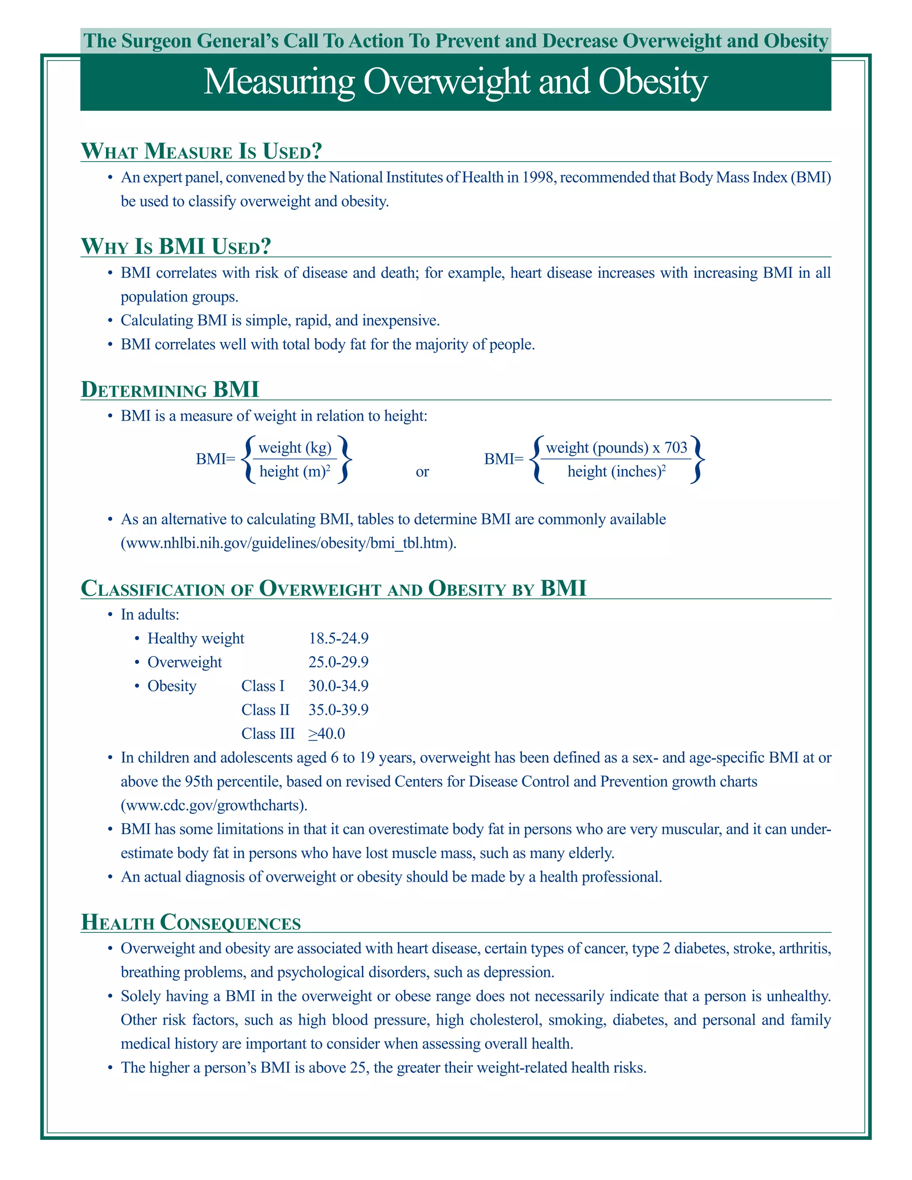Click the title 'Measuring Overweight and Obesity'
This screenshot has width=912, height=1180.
click(x=455, y=82)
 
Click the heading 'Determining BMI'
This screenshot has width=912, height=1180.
click(x=170, y=390)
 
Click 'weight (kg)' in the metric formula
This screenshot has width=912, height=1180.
click(x=294, y=448)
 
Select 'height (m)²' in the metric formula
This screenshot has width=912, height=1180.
click(x=294, y=472)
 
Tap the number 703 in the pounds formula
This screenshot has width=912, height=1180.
click(x=676, y=448)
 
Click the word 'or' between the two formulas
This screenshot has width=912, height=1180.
click(x=422, y=472)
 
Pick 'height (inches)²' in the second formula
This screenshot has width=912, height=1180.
click(x=616, y=472)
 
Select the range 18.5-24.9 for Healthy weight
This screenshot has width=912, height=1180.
click(x=338, y=638)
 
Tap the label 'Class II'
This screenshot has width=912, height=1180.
click(x=265, y=709)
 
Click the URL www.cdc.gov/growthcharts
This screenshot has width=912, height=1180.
click(x=214, y=805)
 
